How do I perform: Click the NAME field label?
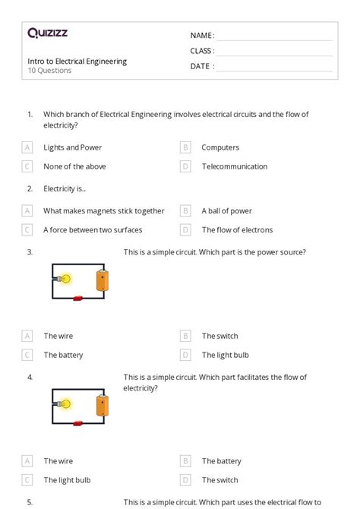[201, 36]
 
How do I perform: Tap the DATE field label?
[201, 66]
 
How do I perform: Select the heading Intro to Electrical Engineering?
[77, 61]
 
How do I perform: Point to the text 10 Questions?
[49, 71]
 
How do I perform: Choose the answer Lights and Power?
[72, 147]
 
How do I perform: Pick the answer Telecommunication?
[234, 166]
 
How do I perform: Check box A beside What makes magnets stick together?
[27, 211]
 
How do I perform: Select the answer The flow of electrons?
[237, 230]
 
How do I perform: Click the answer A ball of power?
[226, 211]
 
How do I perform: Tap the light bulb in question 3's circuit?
[65, 279]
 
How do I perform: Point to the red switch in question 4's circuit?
[77, 423]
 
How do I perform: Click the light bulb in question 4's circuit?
[65, 404]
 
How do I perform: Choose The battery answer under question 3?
[63, 355]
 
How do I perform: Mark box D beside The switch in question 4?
[185, 480]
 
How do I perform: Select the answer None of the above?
[74, 166]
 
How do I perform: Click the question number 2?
[30, 188]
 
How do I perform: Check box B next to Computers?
[185, 147]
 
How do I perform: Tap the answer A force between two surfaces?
[93, 230]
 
